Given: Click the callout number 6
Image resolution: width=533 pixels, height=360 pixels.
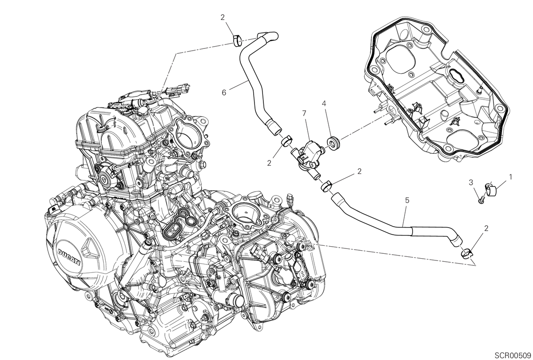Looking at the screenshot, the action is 224,92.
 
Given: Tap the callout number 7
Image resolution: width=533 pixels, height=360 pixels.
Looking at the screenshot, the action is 305,114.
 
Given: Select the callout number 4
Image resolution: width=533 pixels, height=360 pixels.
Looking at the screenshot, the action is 324,104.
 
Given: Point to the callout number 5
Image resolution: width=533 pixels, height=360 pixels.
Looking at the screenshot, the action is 407,200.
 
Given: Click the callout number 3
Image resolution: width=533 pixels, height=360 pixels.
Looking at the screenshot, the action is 471,183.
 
